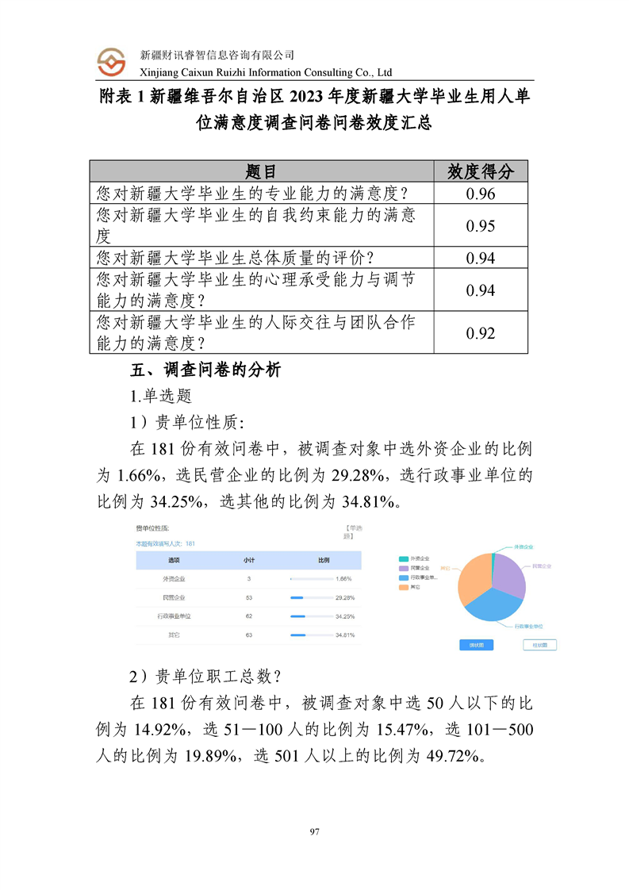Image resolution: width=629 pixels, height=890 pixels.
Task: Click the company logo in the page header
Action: coord(112,62)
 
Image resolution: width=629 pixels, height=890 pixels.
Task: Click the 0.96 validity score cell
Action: coord(481,194)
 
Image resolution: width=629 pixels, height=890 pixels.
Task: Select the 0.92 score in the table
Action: coord(481,333)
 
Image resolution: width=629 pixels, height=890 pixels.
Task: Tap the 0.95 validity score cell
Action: coord(481,226)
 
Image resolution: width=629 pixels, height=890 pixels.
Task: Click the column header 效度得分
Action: coord(481,171)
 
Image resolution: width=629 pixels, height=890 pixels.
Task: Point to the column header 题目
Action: coord(262,171)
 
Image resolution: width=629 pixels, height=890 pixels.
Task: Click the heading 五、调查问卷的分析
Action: coord(205,370)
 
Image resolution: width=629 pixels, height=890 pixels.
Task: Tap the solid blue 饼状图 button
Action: coord(477,645)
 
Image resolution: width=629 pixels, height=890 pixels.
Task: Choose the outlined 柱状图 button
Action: coord(539,645)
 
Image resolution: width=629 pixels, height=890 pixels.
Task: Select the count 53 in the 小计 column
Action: coord(248,597)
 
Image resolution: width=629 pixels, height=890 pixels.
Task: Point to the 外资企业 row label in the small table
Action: coord(175,579)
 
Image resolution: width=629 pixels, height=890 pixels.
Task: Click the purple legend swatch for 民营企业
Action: coord(404,569)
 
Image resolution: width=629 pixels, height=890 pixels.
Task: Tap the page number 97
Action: coord(314,831)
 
